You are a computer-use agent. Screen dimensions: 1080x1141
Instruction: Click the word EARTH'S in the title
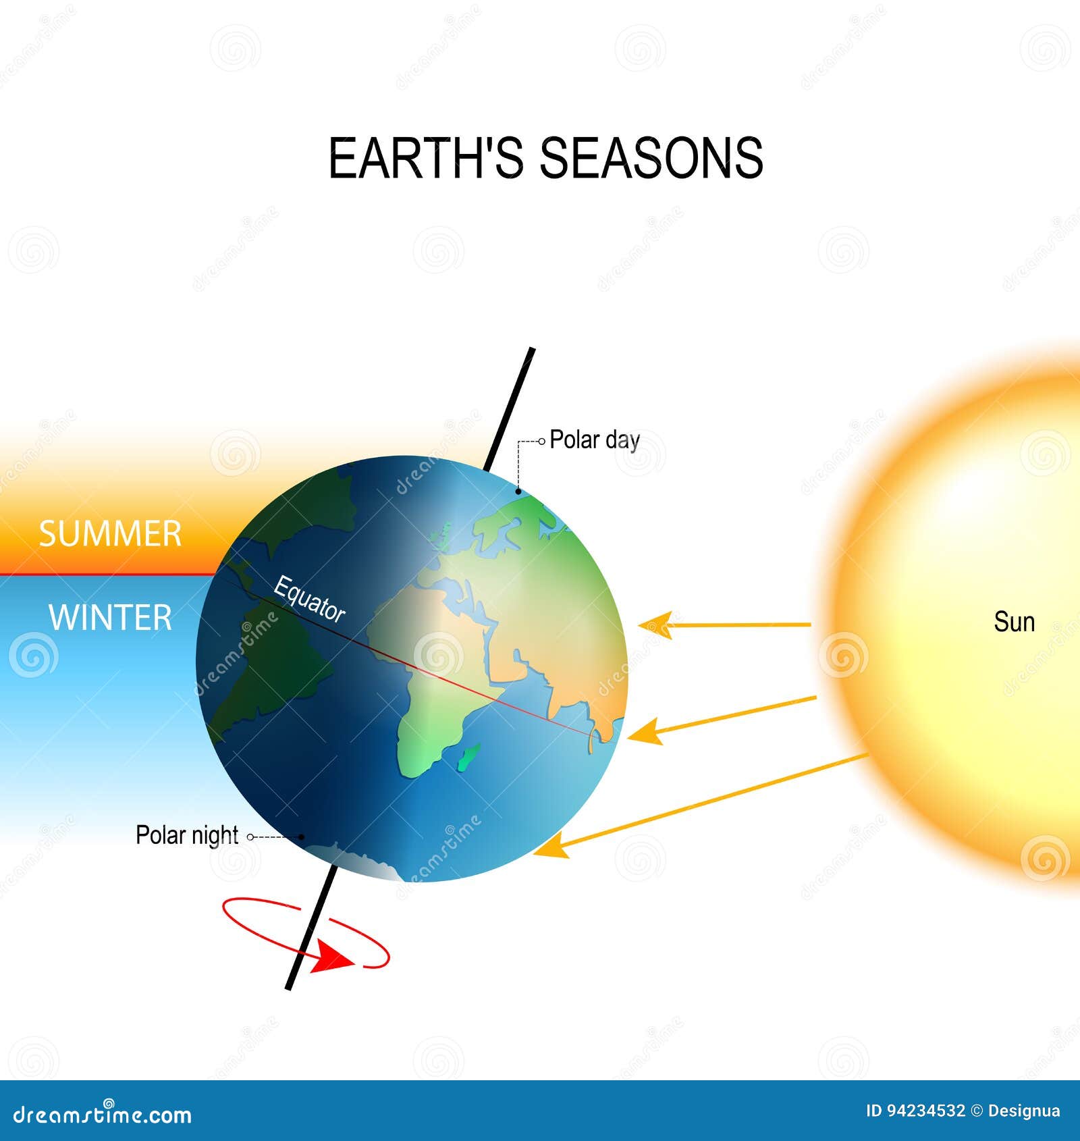tap(426, 158)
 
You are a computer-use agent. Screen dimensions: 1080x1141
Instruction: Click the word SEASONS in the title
tap(651, 158)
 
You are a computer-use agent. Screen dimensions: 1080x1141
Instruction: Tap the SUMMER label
tap(110, 534)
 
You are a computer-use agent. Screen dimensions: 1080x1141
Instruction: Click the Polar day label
tap(595, 440)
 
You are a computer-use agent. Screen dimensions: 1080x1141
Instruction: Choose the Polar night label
tap(187, 835)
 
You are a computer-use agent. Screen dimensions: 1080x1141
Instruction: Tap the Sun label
tap(1014, 622)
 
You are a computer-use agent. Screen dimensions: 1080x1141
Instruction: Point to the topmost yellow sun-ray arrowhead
tap(656, 625)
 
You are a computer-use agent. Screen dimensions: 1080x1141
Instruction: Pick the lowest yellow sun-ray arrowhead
tap(551, 845)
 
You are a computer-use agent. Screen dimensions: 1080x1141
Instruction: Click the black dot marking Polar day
tap(518, 492)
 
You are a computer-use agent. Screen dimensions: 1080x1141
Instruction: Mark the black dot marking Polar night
tap(302, 837)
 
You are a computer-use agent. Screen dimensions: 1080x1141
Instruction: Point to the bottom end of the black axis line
tap(289, 988)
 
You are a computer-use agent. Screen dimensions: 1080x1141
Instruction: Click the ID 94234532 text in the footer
tap(916, 1111)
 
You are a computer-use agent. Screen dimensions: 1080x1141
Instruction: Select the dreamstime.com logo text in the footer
tap(103, 1115)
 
